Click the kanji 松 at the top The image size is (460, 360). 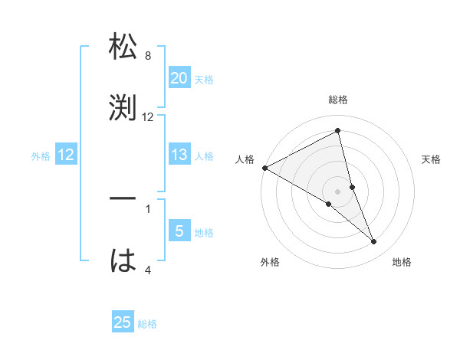click(x=123, y=47)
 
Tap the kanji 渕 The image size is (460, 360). click(x=123, y=106)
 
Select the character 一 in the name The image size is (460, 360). click(x=123, y=198)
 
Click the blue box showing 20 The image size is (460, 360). click(x=179, y=77)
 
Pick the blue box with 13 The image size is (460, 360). click(x=179, y=155)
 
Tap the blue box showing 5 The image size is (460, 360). click(x=179, y=231)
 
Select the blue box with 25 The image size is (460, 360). click(x=123, y=322)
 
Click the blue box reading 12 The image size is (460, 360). click(x=66, y=155)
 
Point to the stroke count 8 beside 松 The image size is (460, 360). click(x=148, y=56)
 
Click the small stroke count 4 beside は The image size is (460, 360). click(x=148, y=270)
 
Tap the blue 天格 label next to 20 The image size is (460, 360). click(x=204, y=79)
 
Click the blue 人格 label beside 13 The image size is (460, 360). click(x=204, y=156)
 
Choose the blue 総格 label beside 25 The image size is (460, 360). click(x=147, y=324)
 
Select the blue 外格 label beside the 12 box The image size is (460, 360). click(x=41, y=156)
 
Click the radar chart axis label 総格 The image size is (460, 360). click(x=338, y=100)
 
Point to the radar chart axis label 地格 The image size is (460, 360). click(x=402, y=263)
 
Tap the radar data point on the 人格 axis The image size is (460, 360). click(x=264, y=168)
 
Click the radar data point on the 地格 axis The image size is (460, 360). click(x=374, y=242)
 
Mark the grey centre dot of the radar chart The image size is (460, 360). click(x=338, y=191)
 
